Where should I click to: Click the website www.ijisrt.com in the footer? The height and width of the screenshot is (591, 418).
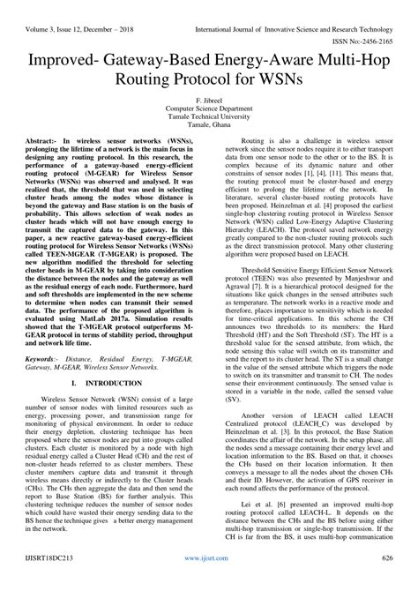(x=208, y=583)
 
